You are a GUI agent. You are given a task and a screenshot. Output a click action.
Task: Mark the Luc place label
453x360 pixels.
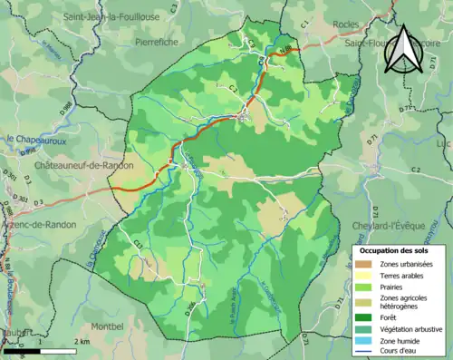pyautogui.click(x=442, y=144)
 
